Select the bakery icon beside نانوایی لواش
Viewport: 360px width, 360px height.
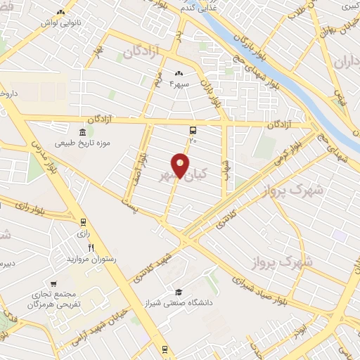(x=61, y=13)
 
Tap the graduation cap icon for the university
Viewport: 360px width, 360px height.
(x=179, y=292)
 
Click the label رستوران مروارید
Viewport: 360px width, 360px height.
(x=90, y=259)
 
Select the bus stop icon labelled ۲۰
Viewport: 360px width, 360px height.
(x=193, y=130)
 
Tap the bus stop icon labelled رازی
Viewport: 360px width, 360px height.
(x=83, y=222)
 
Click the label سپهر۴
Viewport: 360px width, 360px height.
(x=181, y=84)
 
